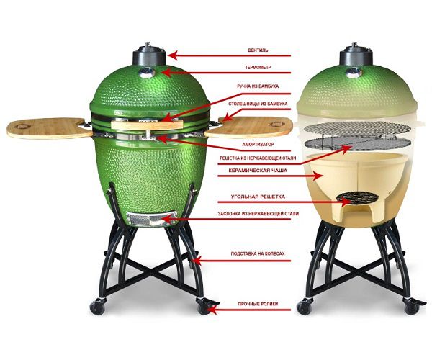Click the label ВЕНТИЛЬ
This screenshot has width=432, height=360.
click(258, 50)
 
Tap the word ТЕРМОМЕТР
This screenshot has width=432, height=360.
click(258, 67)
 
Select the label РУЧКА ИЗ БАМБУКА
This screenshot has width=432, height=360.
click(258, 86)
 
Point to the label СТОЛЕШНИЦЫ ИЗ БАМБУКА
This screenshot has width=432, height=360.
click(258, 104)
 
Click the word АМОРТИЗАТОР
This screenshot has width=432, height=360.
click(258, 144)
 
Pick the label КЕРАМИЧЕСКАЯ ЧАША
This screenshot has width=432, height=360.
click(258, 171)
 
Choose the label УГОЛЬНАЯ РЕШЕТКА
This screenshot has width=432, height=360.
click(258, 197)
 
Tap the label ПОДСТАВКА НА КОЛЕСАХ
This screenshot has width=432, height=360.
click(258, 253)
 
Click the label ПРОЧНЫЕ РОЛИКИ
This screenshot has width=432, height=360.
click(258, 304)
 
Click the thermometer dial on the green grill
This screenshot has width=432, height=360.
click(147, 72)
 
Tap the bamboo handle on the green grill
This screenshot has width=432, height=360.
click(147, 125)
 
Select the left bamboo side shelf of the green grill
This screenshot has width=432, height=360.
click(50, 128)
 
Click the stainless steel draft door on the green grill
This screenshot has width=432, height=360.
click(151, 219)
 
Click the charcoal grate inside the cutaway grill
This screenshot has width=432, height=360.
click(357, 197)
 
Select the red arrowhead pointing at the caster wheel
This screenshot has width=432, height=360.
click(212, 310)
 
